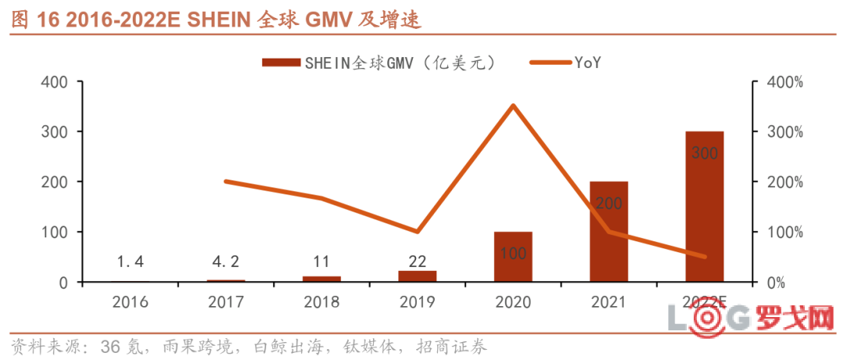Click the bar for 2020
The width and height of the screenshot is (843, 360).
tap(513, 257)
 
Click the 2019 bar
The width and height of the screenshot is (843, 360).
tap(418, 276)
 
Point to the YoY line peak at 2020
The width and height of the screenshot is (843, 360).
tap(513, 105)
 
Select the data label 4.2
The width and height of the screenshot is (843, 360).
tap(226, 262)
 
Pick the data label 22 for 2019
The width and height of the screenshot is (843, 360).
tap(418, 262)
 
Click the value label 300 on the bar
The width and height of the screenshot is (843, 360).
tap(705, 154)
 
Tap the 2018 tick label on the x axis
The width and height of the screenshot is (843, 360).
tap(322, 302)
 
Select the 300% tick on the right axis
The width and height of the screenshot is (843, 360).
tap(781, 132)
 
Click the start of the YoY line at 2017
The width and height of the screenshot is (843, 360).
tap(226, 181)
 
